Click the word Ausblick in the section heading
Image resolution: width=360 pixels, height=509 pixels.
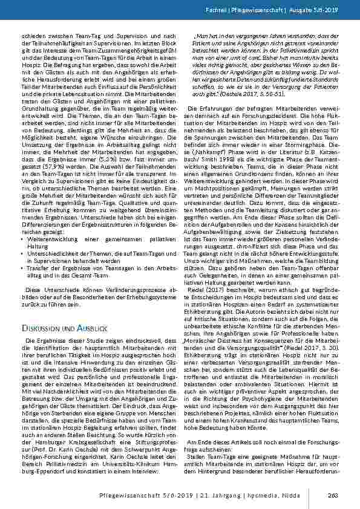[93, 326]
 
